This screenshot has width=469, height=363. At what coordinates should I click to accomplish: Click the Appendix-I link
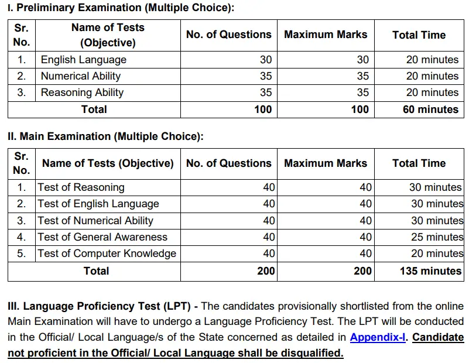[378, 337]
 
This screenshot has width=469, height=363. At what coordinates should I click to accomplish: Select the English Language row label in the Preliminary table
[83, 60]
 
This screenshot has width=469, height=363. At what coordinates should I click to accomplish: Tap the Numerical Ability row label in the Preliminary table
[81, 76]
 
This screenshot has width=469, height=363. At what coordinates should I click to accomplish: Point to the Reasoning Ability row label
[82, 93]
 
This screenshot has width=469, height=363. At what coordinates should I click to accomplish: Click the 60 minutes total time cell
[430, 109]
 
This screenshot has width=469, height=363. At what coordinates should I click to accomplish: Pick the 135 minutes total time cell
[430, 271]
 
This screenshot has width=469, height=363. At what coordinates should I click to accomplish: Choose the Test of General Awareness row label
[102, 237]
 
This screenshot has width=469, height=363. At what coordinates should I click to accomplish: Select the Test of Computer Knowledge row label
[107, 254]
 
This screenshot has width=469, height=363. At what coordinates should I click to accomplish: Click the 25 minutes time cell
[437, 237]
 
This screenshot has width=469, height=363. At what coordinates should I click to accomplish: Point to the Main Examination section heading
[105, 136]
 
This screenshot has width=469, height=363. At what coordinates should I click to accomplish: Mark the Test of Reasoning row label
[81, 188]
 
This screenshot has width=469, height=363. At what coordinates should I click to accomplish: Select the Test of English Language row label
[98, 204]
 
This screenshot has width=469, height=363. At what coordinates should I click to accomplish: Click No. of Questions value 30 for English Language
[265, 60]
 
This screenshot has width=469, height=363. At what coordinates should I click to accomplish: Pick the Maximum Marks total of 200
[362, 271]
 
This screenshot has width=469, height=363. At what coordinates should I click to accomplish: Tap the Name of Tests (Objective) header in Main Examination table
[108, 163]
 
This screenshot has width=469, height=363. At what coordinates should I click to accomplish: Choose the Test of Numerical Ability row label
[95, 221]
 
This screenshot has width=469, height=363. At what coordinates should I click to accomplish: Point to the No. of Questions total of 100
[263, 109]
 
